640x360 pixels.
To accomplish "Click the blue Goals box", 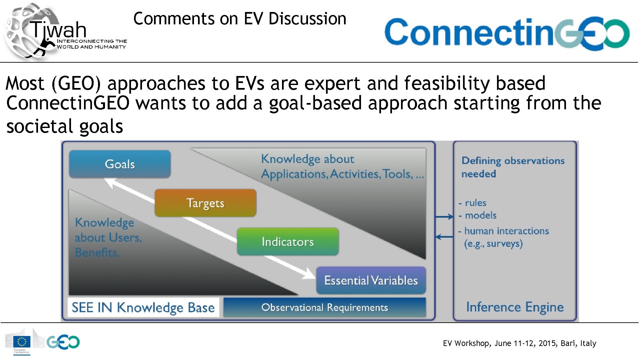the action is (120, 164).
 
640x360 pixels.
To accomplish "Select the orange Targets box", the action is (205, 203).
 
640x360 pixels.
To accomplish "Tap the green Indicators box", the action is (288, 242).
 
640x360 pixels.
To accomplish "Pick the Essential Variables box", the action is (371, 280).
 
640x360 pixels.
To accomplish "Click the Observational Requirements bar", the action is (325, 307).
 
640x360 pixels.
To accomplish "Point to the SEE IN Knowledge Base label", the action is (143, 307).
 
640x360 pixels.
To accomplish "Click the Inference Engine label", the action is (515, 307).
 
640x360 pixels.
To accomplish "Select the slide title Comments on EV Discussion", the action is (240, 18).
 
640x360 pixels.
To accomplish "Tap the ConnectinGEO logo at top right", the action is (507, 33).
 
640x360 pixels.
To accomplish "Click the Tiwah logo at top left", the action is (65, 32).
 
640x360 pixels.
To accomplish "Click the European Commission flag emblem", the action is (22, 342).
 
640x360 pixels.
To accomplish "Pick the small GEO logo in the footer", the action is (63, 342).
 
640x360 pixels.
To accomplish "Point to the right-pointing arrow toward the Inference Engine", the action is (444, 217).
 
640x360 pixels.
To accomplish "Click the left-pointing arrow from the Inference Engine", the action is (444, 237).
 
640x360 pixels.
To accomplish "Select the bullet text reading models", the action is (481, 215).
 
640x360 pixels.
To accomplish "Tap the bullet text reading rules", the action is (476, 203).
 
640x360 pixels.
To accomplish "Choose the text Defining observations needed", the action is (513, 167).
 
